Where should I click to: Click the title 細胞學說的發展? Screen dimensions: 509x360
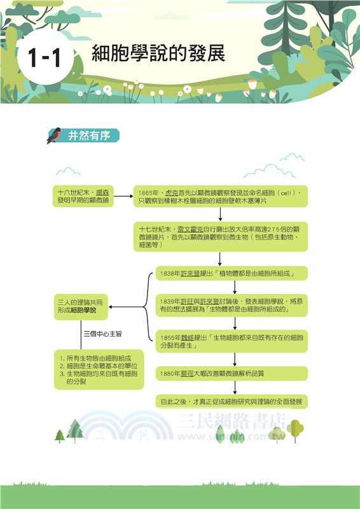click(158, 53)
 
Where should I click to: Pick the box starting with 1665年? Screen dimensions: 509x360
click(220, 196)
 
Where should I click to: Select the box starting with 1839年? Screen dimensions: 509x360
click(232, 305)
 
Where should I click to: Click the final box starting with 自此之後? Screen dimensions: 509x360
click(232, 402)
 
